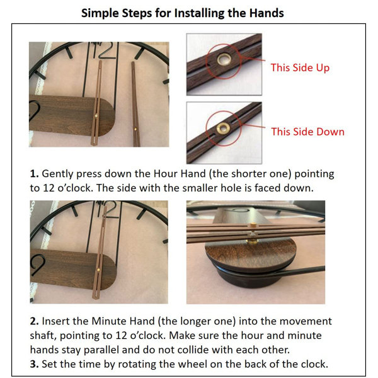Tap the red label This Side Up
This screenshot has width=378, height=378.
pyautogui.click(x=300, y=68)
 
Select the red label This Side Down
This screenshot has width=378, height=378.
pyautogui.click(x=307, y=132)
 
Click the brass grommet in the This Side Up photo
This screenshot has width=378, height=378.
pyautogui.click(x=224, y=59)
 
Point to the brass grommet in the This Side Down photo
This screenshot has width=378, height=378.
pyautogui.click(x=223, y=128)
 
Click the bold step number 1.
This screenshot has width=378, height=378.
pyautogui.click(x=34, y=174)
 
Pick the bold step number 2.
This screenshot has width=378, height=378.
pyautogui.click(x=34, y=321)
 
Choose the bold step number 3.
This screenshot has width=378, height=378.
pyautogui.click(x=34, y=364)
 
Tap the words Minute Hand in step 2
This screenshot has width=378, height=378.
pyautogui.click(x=123, y=321)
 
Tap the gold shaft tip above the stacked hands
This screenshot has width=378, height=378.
pyautogui.click(x=253, y=225)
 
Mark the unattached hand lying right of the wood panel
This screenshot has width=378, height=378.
pyautogui.click(x=135, y=104)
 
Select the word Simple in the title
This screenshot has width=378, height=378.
pyautogui.click(x=100, y=13)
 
